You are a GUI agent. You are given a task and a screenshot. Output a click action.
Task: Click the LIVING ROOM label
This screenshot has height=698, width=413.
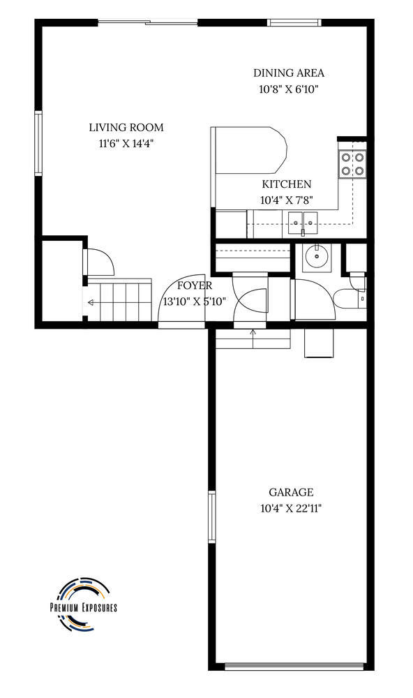tap(126, 128)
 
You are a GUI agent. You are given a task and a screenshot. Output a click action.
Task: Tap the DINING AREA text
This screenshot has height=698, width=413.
tap(289, 73)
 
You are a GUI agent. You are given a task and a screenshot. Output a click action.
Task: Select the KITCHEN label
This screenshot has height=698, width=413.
tap(287, 184)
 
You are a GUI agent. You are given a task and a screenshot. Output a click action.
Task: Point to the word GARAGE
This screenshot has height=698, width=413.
tap(291, 492)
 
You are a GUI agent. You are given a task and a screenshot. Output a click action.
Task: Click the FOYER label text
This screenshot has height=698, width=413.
tap(195, 285)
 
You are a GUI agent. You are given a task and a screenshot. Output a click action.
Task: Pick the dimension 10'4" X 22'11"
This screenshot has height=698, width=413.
tap(291, 508)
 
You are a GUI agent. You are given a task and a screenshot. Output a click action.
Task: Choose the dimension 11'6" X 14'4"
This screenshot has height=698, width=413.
tap(126, 144)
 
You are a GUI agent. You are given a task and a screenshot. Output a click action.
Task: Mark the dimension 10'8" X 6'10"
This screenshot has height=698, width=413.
tap(290, 89)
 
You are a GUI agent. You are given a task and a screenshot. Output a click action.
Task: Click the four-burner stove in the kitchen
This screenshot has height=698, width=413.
tap(352, 164)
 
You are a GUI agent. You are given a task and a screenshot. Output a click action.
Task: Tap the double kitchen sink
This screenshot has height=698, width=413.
tap(303, 222)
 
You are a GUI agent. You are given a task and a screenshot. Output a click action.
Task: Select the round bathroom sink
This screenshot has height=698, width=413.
tap(317, 257)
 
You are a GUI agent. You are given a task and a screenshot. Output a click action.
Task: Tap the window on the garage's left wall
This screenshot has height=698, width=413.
tap(212, 517)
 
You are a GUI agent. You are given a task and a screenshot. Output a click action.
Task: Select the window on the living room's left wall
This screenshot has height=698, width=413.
tap(38, 143)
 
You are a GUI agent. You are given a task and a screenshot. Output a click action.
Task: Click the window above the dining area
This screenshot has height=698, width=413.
tap(294, 22)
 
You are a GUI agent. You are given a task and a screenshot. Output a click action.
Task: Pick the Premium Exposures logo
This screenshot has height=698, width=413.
tap(83, 604)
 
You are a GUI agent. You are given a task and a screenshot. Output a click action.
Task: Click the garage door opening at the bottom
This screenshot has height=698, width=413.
tap(294, 667)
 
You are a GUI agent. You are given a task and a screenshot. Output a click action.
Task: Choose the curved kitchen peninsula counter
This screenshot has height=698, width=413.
tap(249, 150)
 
